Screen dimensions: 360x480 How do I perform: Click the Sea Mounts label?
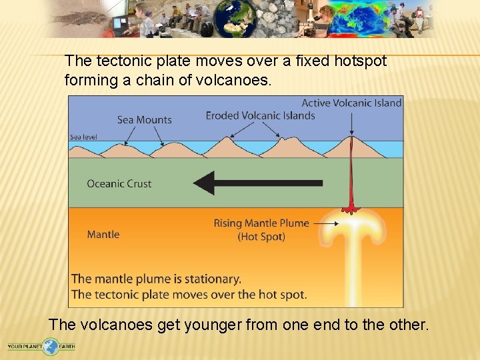pos(145,120)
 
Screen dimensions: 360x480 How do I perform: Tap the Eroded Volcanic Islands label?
pos(260,115)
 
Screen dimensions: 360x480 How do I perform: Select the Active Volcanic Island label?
pos(351,103)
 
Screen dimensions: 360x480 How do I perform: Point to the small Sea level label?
pos(83,137)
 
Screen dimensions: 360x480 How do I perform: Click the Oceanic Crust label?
pos(119,183)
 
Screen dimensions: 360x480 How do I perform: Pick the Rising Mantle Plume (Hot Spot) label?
pos(261,229)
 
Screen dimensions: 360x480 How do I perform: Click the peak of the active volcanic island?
pos(351,139)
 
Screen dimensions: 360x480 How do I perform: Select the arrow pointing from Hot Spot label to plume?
pos(326,224)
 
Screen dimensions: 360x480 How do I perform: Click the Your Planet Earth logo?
pos(41,347)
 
